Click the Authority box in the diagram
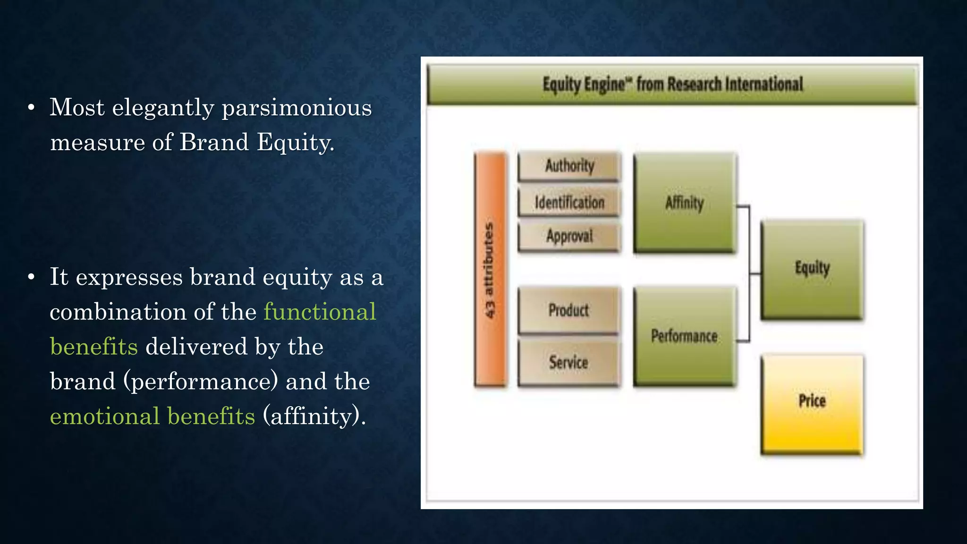pos(569,166)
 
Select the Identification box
pos(569,203)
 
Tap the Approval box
pos(569,236)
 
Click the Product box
pos(568,310)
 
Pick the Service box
pos(568,363)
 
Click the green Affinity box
pos(685,203)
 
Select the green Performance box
pos(685,336)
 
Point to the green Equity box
pos(812,269)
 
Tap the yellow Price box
pos(812,404)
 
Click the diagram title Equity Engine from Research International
pos(672,85)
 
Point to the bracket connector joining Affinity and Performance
pos(749,273)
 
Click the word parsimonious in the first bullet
pos(297,108)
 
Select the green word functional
pos(320,312)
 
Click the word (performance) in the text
pos(201,382)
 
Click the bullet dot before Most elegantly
pos(31,108)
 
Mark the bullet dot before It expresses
pos(31,277)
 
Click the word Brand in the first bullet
pos(214,142)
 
